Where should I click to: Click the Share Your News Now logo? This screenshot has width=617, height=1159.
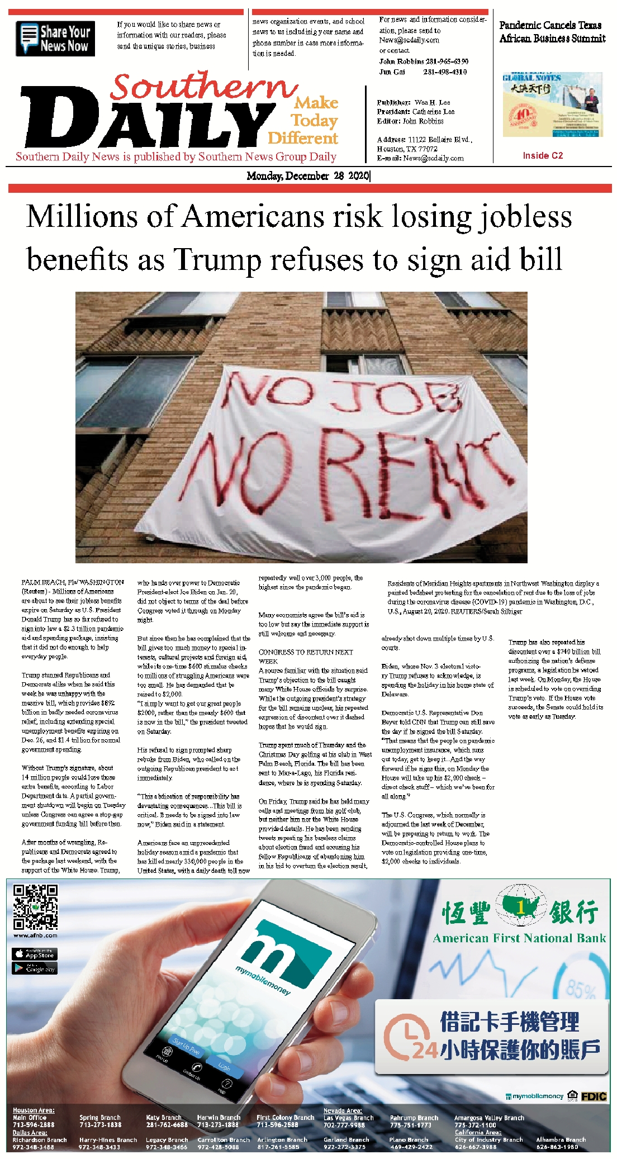click(55, 39)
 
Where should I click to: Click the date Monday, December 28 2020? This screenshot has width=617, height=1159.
click(308, 176)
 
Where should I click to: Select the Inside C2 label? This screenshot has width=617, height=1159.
click(542, 155)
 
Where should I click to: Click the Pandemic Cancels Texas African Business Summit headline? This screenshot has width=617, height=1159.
click(552, 32)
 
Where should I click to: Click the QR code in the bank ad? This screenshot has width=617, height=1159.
click(35, 906)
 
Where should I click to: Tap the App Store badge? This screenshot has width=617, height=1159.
click(35, 953)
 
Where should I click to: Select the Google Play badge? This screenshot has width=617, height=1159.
click(35, 968)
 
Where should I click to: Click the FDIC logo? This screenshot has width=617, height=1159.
click(594, 1096)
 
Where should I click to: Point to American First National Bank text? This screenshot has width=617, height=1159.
click(519, 938)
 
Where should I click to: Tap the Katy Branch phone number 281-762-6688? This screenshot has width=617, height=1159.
click(167, 1124)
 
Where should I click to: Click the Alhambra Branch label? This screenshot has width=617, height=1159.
click(561, 1139)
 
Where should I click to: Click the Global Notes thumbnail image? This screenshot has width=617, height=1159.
click(552, 104)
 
